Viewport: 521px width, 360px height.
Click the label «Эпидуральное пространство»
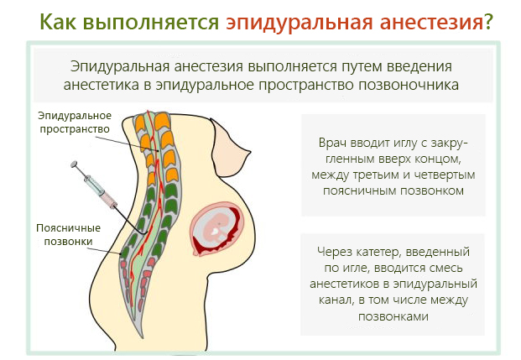74,123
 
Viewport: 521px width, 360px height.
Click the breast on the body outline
232,143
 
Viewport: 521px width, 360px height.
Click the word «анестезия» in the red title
427,21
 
